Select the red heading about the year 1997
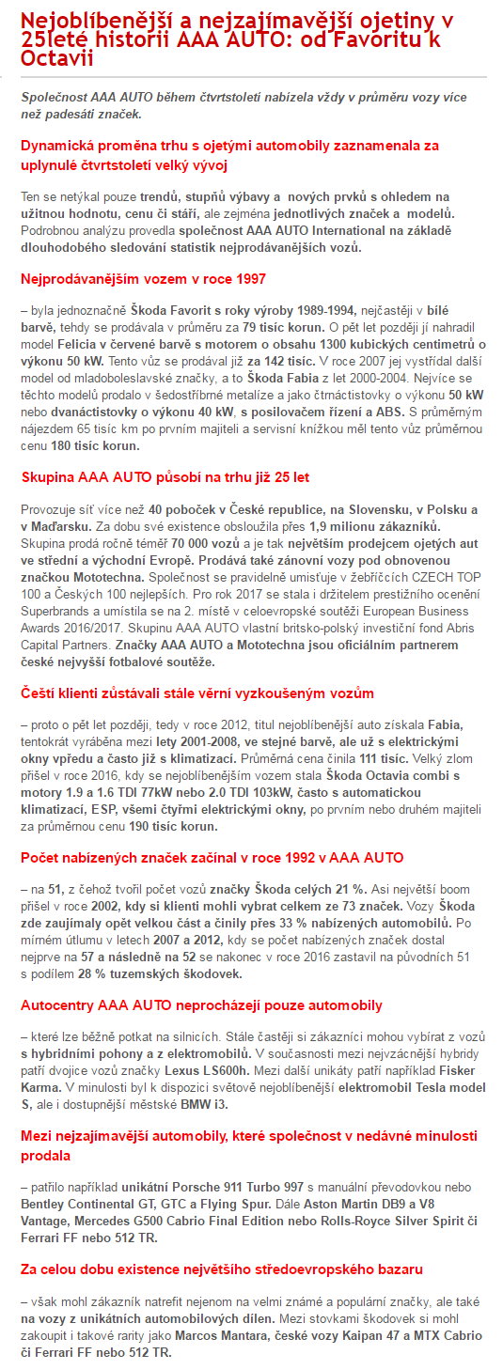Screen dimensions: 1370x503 pos(143,278)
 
